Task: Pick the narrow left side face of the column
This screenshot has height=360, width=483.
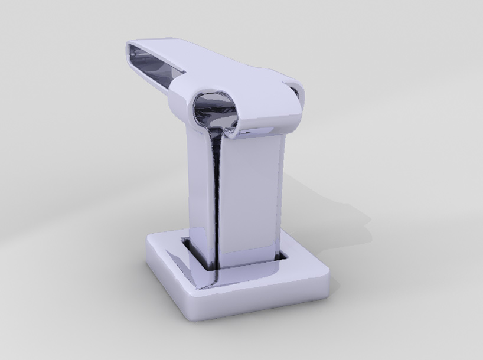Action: click(198, 189)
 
